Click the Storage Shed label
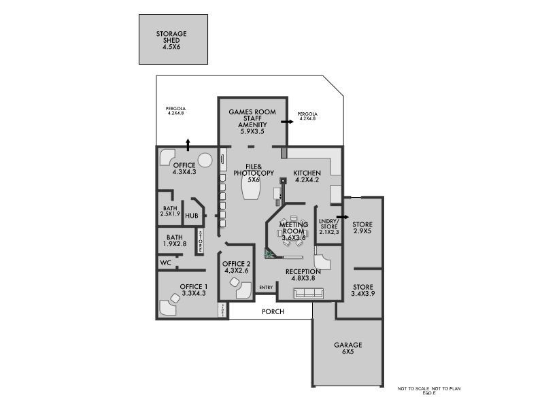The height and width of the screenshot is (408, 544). click(171, 39)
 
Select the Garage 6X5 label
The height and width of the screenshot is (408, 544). click(347, 349)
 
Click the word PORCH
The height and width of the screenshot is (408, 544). click(273, 311)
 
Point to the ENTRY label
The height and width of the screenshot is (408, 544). click(266, 288)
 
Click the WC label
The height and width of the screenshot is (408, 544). click(165, 262)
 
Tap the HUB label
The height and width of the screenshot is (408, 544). click(192, 216)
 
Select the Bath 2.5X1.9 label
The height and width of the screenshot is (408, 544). click(170, 211)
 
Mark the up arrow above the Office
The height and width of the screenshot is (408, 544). click(188, 143)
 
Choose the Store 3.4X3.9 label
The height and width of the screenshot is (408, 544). click(362, 290)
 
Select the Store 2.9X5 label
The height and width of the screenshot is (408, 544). click(362, 228)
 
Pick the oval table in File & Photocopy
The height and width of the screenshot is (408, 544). click(250, 191)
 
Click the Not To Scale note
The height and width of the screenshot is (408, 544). click(429, 390)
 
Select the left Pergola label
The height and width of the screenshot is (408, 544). click(175, 110)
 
